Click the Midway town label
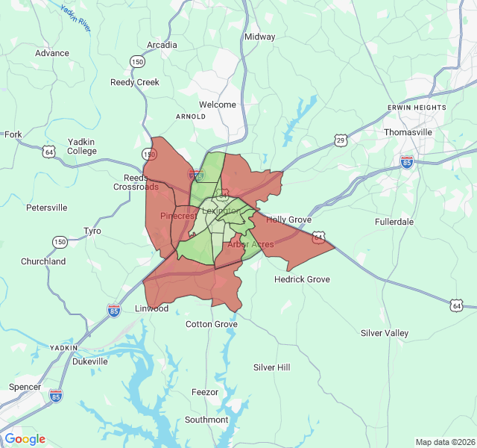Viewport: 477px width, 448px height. [x=260, y=37]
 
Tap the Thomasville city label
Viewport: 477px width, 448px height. [x=408, y=132]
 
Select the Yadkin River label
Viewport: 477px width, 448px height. [x=75, y=18]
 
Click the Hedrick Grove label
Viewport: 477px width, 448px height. [x=302, y=279]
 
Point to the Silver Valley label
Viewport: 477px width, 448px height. [x=385, y=333]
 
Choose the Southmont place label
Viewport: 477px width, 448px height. [x=206, y=420]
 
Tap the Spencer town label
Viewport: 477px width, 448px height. [x=25, y=387]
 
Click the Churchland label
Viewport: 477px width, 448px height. [x=43, y=261]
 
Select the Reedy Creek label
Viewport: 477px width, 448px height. [x=135, y=82]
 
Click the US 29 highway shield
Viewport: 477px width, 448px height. [x=341, y=140]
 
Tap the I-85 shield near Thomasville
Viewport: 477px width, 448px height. [x=407, y=162]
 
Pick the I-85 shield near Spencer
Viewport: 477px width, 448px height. [x=56, y=395]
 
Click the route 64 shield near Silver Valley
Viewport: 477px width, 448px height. [x=457, y=305]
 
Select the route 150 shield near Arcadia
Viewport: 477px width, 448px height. [x=137, y=61]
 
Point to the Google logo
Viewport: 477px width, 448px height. [x=25, y=439]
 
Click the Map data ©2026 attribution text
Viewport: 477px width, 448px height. [x=444, y=442]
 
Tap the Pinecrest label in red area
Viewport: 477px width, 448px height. [x=179, y=216]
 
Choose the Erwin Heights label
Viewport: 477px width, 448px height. [x=417, y=108]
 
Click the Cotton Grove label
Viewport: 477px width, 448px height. [x=212, y=324]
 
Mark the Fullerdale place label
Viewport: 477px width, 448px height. [x=394, y=222]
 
